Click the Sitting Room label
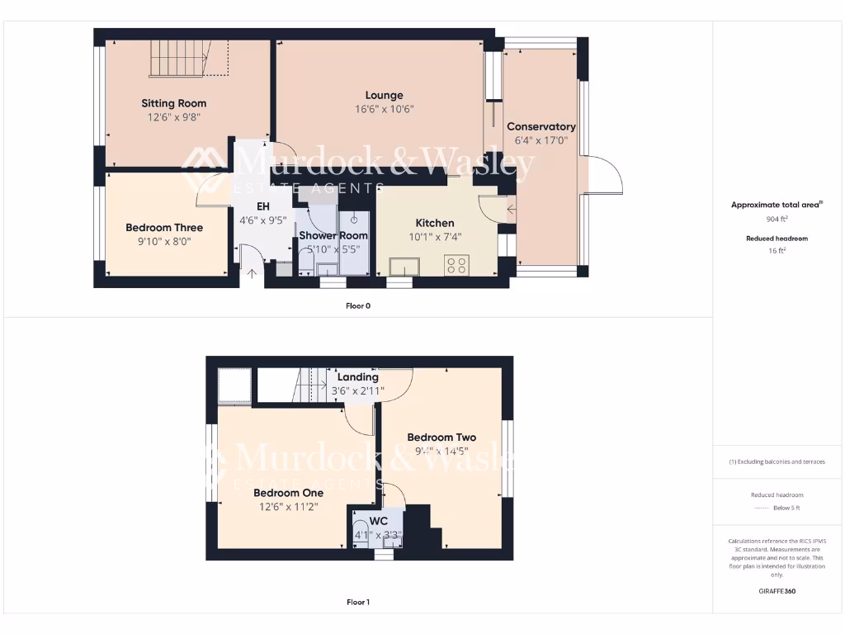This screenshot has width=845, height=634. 173,103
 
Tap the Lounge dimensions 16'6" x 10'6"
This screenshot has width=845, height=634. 384,109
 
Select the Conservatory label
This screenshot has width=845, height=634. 541,126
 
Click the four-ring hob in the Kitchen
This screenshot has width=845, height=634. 456,265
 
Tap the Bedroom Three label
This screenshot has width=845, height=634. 163,228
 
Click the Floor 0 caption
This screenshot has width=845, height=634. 357,306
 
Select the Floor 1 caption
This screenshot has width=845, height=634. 357,603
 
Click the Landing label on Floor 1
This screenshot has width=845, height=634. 357,377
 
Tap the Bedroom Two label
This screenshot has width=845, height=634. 441,438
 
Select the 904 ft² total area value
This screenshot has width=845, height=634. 776,220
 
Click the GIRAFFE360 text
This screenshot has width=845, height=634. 776,591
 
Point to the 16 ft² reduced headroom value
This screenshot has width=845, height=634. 776,250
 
